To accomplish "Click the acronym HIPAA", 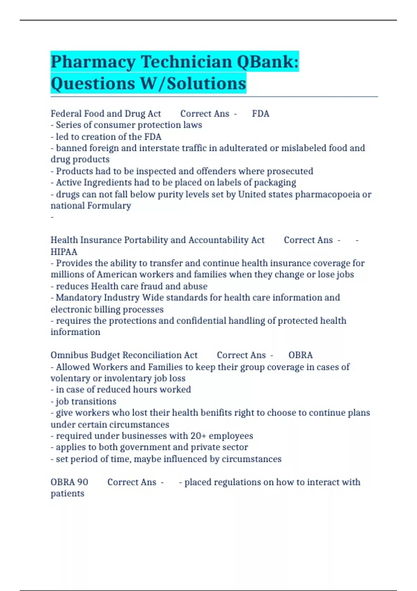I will point(64,252).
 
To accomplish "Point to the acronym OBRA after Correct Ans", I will point(300,355).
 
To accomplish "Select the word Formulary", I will point(109,206).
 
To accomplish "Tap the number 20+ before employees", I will point(198,436).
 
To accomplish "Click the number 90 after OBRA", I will point(82,482).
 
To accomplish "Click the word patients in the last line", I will point(67,494).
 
